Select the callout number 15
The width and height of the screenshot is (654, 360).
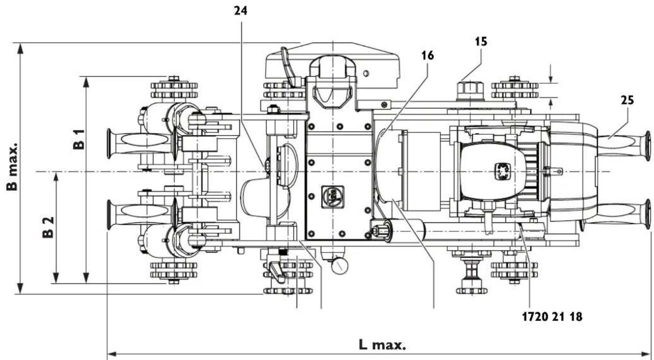(481, 41)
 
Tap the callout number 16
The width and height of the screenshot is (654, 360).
(427, 56)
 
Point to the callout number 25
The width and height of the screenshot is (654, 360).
(627, 101)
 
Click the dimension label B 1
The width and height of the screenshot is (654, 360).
(79, 139)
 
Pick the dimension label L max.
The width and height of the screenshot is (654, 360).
(382, 345)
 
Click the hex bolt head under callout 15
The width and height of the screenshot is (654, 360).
(469, 90)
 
